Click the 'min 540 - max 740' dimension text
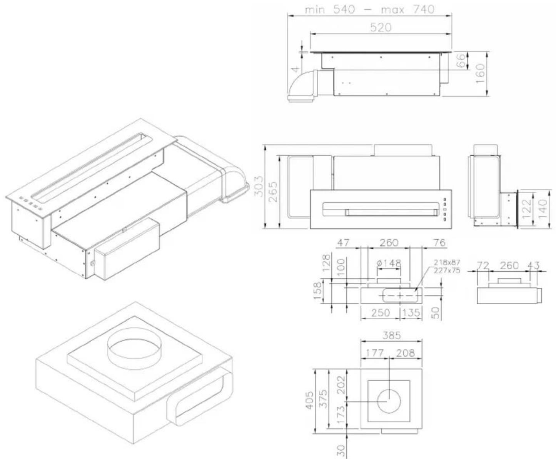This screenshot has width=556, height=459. coord(369,10)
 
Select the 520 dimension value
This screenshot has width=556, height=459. coord(381,28)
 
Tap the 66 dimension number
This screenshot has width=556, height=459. coord(461,60)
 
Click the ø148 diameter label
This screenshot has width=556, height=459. coord(389,264)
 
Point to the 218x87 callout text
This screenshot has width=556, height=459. coord(447,262)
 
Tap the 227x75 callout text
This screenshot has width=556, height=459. coord(447,270)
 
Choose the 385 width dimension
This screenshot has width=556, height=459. coord(391,335)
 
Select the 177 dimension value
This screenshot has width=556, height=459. coord(375,353)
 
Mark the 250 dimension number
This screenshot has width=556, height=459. coord(380,312)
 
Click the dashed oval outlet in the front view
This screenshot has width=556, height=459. coord(400,295)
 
